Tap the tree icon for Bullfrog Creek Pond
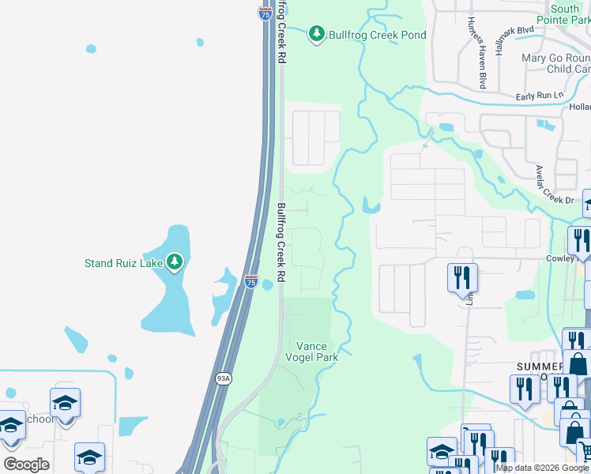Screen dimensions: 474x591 317,34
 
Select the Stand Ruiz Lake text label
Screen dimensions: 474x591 124,263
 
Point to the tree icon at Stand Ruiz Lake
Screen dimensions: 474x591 175,262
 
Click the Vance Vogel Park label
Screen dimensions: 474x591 317,352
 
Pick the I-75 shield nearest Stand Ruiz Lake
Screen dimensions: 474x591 250,281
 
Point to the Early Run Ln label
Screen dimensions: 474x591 540,96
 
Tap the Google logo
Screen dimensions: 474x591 25,465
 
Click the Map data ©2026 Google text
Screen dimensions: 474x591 541,468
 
